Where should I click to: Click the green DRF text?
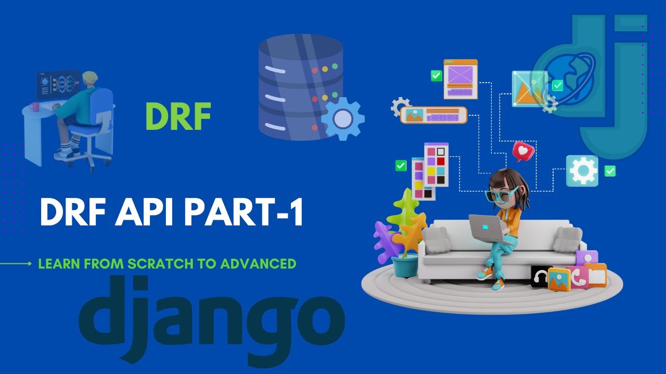[178, 116]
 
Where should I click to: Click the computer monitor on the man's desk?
[58, 85]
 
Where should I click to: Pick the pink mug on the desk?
[35, 106]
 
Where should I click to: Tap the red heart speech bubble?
[522, 151]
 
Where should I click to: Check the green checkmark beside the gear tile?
[610, 171]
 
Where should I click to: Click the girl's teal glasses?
[501, 194]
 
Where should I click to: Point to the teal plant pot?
[405, 265]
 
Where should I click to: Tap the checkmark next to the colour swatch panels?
[401, 166]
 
